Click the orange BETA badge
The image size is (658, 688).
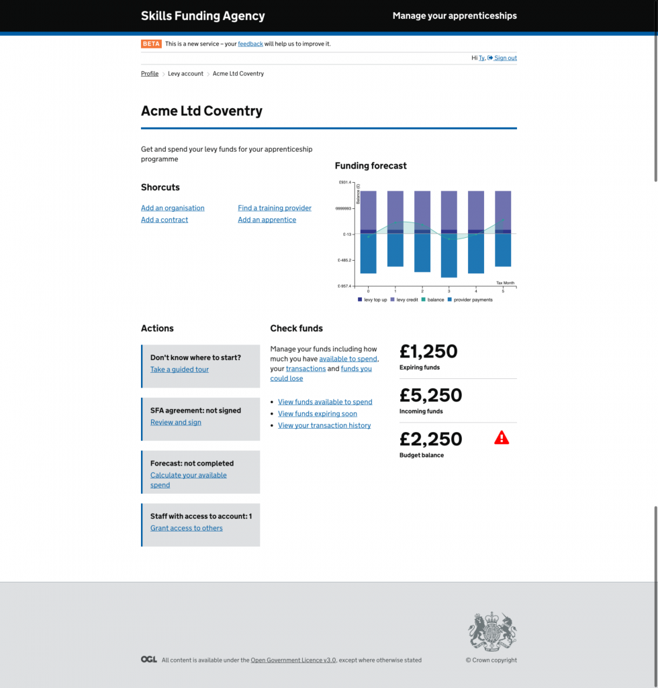(151, 44)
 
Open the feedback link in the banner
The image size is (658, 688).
(250, 44)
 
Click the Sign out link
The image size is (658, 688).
(505, 58)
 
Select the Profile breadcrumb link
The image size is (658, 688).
(150, 74)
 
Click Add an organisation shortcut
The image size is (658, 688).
(173, 208)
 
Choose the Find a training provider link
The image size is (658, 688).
(275, 208)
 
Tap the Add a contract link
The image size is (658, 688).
(164, 220)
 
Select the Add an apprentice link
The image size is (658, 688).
(267, 220)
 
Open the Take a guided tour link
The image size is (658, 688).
(179, 370)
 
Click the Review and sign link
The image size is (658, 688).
(176, 423)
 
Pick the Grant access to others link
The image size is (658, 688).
(187, 528)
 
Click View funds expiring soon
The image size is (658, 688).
(318, 414)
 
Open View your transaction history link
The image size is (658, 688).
(324, 425)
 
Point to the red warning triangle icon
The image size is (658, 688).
(502, 438)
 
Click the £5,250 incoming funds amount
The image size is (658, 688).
(430, 395)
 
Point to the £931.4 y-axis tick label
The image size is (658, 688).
(345, 183)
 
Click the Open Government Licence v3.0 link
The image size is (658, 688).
(293, 660)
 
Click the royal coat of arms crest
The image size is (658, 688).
(492, 632)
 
